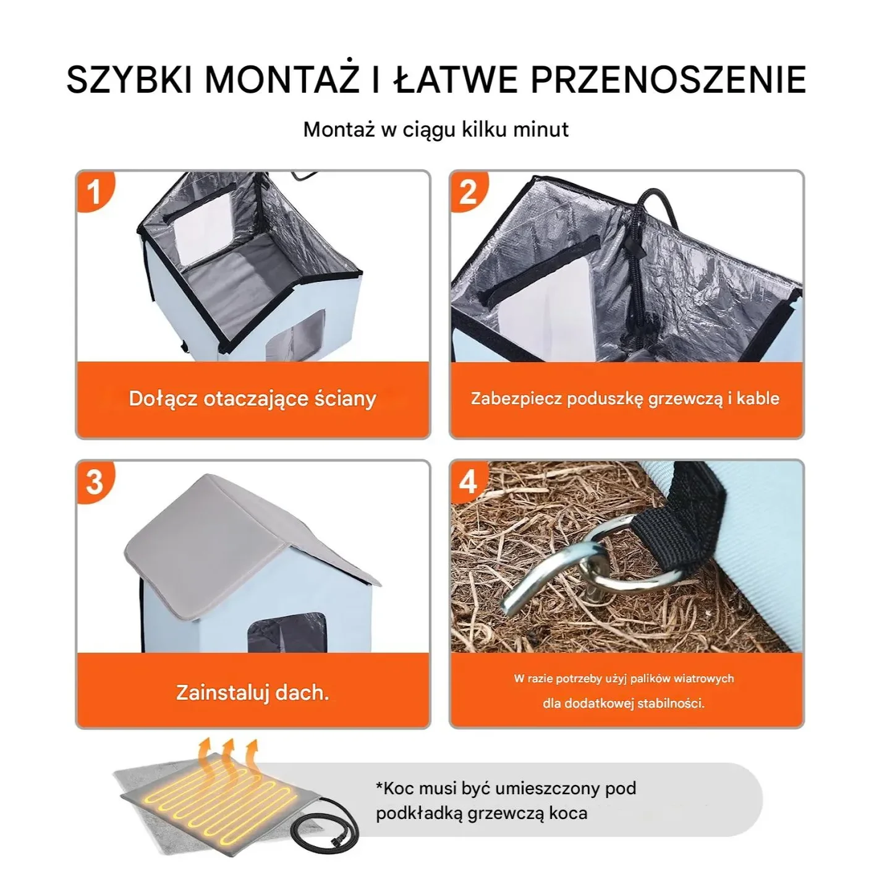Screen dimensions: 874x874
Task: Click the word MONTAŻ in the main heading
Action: [281, 79]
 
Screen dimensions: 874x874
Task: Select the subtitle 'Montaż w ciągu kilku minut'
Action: [436, 130]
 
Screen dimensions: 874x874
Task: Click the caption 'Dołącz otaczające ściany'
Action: [252, 399]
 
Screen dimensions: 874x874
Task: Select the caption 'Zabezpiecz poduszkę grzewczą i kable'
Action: [625, 399]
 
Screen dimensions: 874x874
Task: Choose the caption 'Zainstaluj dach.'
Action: [252, 692]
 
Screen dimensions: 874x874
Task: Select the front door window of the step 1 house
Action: [295, 337]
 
